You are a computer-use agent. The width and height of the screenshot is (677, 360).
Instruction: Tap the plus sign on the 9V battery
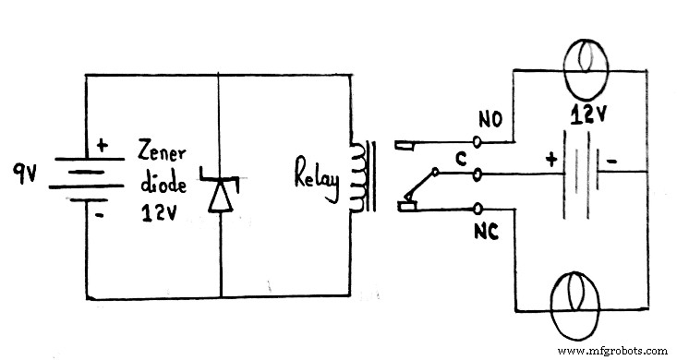(101, 144)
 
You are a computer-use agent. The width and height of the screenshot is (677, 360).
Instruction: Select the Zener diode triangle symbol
(220, 193)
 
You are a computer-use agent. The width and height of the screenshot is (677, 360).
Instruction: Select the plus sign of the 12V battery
(552, 159)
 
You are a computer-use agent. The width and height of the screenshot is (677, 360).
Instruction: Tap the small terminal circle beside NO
(478, 142)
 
